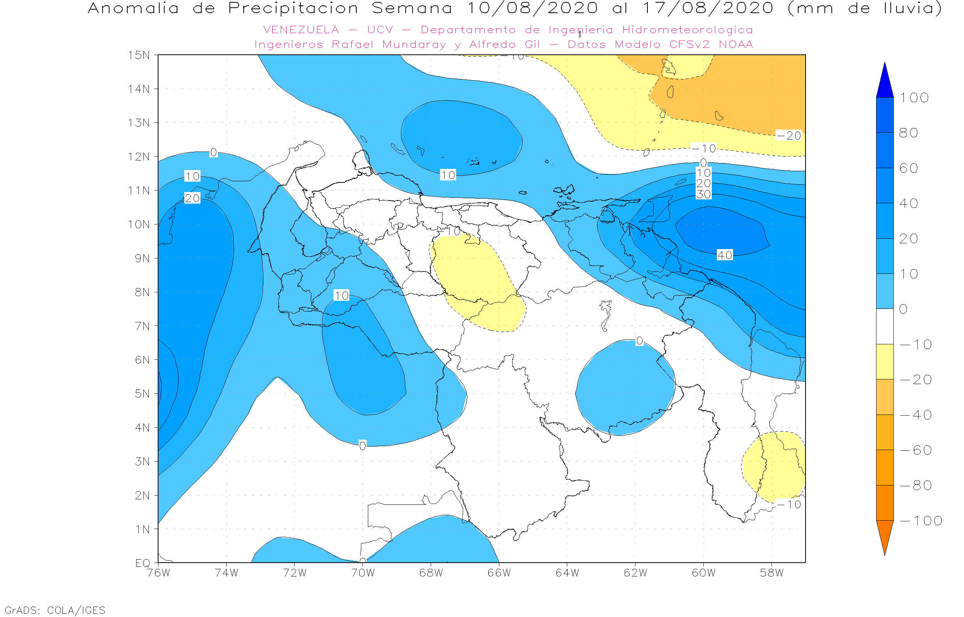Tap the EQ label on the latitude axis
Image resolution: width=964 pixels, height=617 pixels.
click(x=143, y=563)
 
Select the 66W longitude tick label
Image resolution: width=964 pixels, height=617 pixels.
click(x=499, y=573)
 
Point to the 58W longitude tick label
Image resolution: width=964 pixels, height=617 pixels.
click(x=772, y=573)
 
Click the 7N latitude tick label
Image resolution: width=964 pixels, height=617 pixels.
click(x=142, y=326)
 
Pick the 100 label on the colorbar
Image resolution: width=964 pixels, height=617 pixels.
click(x=914, y=98)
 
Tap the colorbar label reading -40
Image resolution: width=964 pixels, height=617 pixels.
click(x=916, y=415)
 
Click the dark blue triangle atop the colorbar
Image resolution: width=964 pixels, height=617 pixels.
click(x=885, y=82)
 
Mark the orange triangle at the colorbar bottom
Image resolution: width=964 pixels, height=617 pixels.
click(x=885, y=535)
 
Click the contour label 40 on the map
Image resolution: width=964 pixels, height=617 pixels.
click(x=725, y=255)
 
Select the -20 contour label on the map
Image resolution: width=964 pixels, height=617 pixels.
click(x=789, y=136)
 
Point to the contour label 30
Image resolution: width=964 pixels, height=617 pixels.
click(x=704, y=194)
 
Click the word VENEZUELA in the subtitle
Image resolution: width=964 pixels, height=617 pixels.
click(x=301, y=30)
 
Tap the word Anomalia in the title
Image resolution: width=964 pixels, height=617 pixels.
click(x=133, y=8)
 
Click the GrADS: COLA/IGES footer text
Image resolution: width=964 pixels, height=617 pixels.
click(x=55, y=610)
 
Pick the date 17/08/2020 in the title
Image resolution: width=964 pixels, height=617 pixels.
click(x=708, y=8)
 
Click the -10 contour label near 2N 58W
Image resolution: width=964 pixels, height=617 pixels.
click(x=789, y=504)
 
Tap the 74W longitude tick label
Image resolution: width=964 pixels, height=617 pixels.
click(x=226, y=573)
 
